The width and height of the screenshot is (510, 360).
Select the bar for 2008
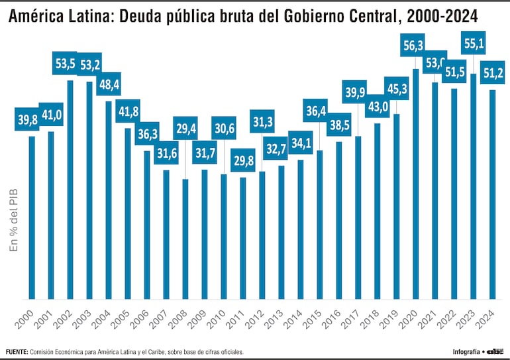point(185,239)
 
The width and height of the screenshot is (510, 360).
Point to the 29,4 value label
point(186,129)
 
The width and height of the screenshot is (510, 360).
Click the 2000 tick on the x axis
point(25,316)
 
